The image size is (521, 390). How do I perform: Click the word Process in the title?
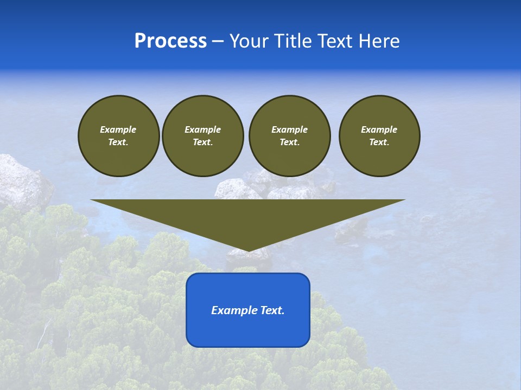[x=170, y=41]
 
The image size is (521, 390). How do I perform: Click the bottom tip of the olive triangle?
[x=248, y=250]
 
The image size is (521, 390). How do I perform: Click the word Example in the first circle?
[x=118, y=129]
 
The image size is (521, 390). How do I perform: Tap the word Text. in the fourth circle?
[x=379, y=142]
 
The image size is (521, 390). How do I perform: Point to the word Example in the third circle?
[x=289, y=129]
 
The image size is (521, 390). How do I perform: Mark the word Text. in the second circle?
[x=202, y=142]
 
